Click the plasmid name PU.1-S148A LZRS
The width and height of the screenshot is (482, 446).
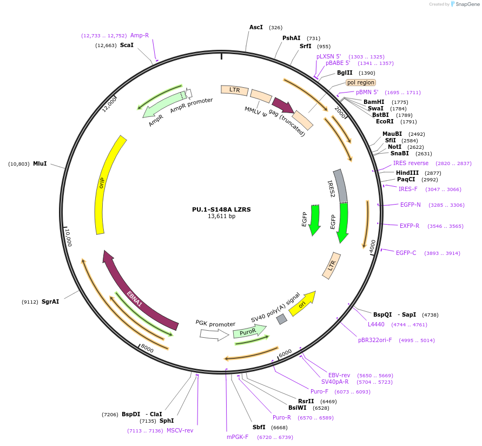pos(221,209)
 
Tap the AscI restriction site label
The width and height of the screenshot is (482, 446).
pos(256,28)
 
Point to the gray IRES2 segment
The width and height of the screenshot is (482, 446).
pos(341,186)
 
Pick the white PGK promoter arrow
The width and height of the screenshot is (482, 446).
pos(215,334)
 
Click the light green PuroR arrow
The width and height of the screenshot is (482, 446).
pos(249,331)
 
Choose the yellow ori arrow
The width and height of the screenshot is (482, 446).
pos(303,304)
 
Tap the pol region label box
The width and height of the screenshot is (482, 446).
pos(361,82)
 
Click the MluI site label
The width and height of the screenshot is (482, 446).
pos(40,163)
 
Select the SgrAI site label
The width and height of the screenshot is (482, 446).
pos(50,301)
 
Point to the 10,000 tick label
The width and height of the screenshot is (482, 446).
pos(68,238)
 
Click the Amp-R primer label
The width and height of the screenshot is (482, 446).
pos(140,35)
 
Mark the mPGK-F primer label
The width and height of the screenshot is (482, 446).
pos(237,437)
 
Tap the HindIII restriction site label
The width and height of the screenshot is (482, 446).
pos(407,173)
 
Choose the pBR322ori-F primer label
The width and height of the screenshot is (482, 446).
pos(375,340)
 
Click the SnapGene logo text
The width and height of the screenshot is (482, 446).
pos(467,4)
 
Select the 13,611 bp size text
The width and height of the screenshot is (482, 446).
pos(221,216)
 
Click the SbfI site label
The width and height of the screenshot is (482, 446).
pos(259,427)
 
